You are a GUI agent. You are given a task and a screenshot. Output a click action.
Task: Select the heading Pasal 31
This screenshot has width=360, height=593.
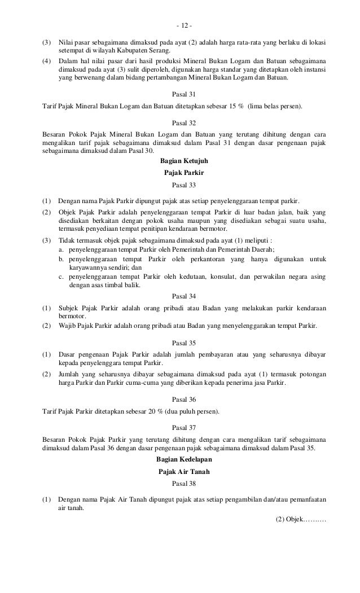pos(184,94)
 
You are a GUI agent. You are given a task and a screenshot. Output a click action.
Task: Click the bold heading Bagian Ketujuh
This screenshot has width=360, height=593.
pos(184,161)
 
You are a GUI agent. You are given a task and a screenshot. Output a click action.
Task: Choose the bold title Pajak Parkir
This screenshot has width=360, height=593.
pos(184,173)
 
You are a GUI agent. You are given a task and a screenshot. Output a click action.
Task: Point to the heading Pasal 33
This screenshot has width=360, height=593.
pos(184,185)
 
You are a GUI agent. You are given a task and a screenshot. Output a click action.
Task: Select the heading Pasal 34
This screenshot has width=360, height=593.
pos(184,295)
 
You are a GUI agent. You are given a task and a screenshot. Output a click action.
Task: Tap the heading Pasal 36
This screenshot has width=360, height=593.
pos(184,399)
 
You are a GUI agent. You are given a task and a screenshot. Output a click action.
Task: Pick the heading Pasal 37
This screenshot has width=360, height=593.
pos(184,427)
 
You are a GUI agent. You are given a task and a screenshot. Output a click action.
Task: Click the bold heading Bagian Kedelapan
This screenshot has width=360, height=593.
pos(184,460)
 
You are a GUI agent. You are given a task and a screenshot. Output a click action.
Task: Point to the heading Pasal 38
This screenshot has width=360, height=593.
pos(184,484)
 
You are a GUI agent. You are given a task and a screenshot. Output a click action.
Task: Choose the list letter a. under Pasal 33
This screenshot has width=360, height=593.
pos(62,249)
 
